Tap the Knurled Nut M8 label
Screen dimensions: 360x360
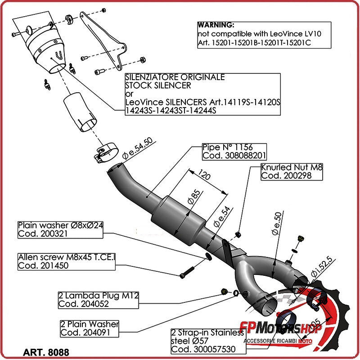292,171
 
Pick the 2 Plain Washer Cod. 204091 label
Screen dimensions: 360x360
90,328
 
